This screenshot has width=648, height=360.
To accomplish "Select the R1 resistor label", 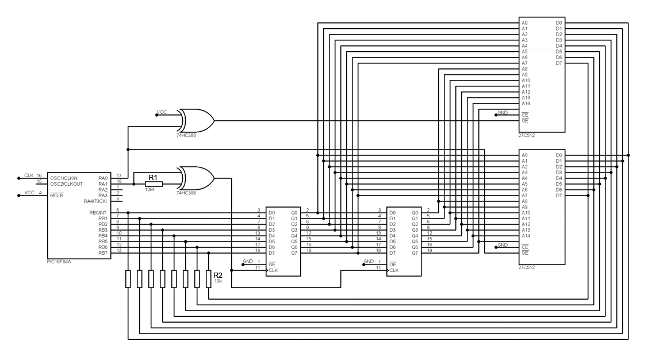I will coord(153,178).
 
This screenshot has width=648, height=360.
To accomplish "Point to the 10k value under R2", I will coord(218,281).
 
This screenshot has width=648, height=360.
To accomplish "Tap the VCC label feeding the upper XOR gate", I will coord(162,112).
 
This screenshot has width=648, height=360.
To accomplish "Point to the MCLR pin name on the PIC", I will coord(56,195).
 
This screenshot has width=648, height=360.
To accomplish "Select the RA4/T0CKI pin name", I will coord(95,201).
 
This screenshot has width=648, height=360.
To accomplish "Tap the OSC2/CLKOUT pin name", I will coord(64,183).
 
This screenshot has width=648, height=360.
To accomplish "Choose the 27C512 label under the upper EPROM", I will coord(527,135).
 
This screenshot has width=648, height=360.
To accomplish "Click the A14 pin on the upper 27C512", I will coord(526,104).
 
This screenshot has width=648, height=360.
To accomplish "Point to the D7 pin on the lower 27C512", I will coord(559,196).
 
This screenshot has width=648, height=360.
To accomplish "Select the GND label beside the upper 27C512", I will coord(503,113).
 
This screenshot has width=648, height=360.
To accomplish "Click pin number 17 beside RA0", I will coord(118,175).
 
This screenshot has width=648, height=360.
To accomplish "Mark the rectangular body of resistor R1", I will coord(154,184).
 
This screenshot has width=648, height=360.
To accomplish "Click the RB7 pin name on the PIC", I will coord(102,253).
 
